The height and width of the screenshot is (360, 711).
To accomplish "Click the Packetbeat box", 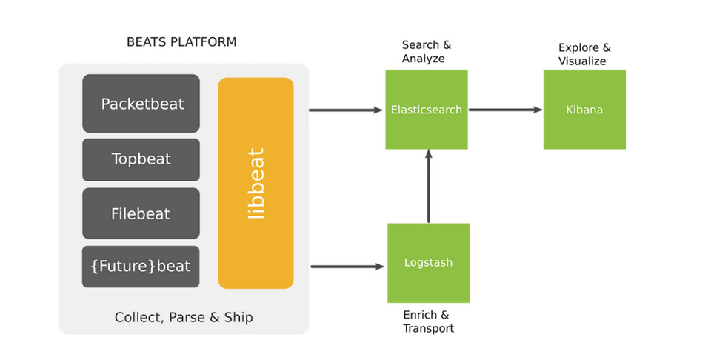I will pyautogui.click(x=141, y=104).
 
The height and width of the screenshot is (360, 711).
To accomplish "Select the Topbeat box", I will pyautogui.click(x=141, y=159).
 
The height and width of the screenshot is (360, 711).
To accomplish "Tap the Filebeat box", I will pyautogui.click(x=141, y=214).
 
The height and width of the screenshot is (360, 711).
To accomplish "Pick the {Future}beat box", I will pyautogui.click(x=141, y=267).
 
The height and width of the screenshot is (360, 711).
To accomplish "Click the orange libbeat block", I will pyautogui.click(x=256, y=183).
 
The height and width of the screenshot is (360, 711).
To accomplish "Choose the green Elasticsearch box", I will pyautogui.click(x=427, y=110).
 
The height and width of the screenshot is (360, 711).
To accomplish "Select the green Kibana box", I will pyautogui.click(x=584, y=110).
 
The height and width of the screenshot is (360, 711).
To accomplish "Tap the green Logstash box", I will pyautogui.click(x=428, y=263).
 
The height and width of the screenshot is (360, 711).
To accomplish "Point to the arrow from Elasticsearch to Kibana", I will pyautogui.click(x=505, y=110).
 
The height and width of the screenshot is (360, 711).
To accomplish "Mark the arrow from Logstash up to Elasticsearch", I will pyautogui.click(x=428, y=186).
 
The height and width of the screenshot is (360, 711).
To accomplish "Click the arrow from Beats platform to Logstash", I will pyautogui.click(x=347, y=266).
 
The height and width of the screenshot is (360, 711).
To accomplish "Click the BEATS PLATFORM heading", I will pyautogui.click(x=181, y=42).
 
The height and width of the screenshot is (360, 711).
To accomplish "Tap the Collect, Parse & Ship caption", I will pyautogui.click(x=184, y=318).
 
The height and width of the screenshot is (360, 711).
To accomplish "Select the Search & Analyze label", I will pyautogui.click(x=426, y=52).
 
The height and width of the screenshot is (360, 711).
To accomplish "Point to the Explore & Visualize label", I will pyautogui.click(x=584, y=54).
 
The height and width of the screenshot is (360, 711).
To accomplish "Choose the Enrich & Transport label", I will pyautogui.click(x=428, y=321).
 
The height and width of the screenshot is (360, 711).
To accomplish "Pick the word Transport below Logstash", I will pyautogui.click(x=429, y=328).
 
